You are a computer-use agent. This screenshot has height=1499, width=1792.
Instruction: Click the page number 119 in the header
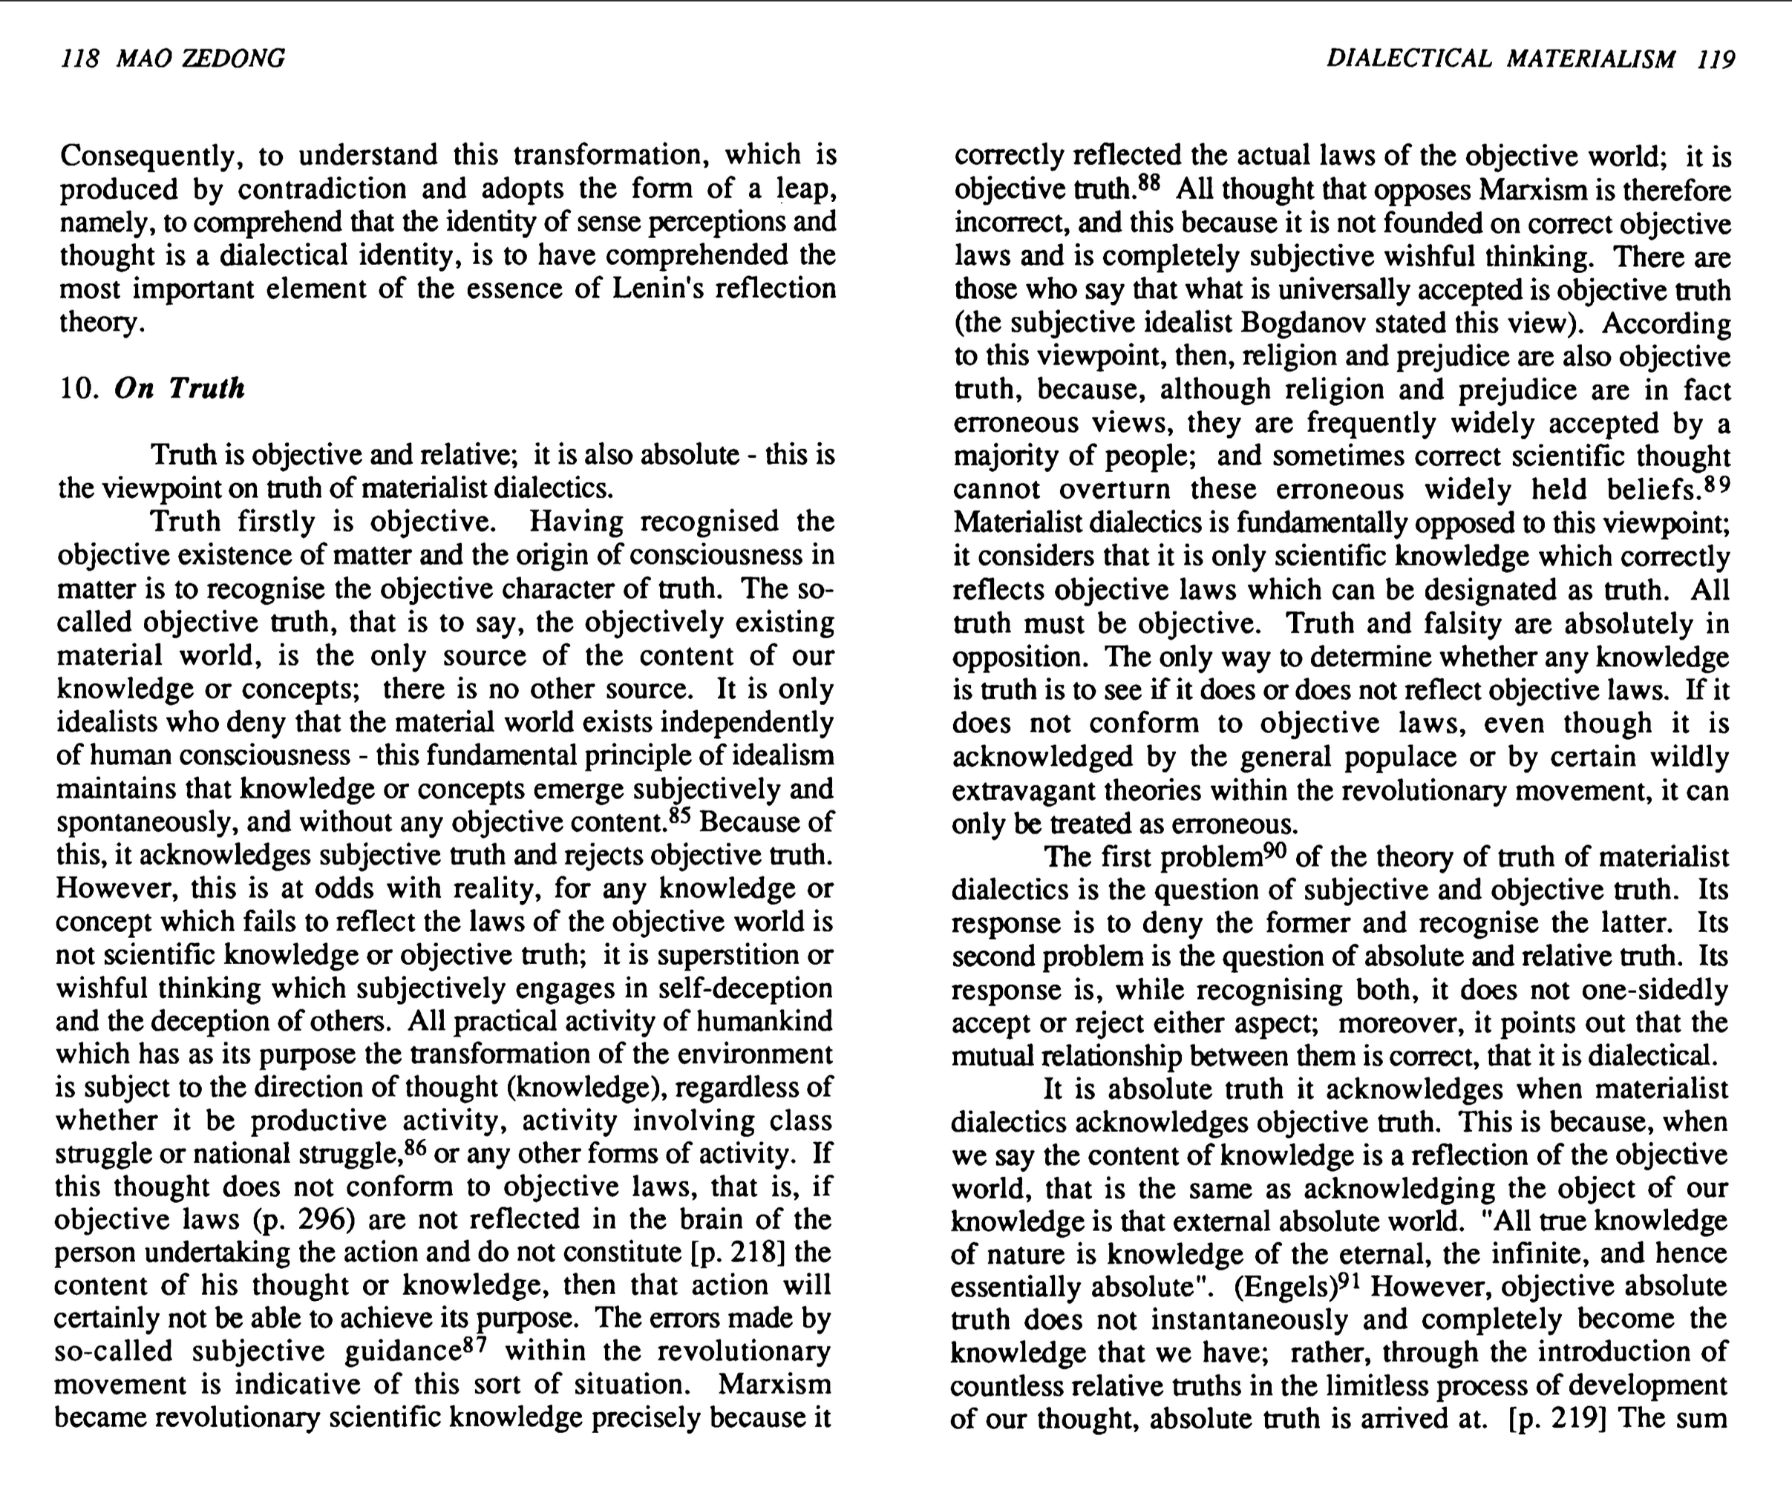(x=1716, y=58)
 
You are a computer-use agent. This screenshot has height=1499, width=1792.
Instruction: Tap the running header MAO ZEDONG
(x=200, y=58)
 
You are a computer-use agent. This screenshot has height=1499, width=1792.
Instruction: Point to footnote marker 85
(x=679, y=817)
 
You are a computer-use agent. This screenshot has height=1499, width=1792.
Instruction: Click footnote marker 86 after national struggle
(x=415, y=1147)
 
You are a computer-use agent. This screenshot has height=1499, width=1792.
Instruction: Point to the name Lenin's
(x=660, y=289)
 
